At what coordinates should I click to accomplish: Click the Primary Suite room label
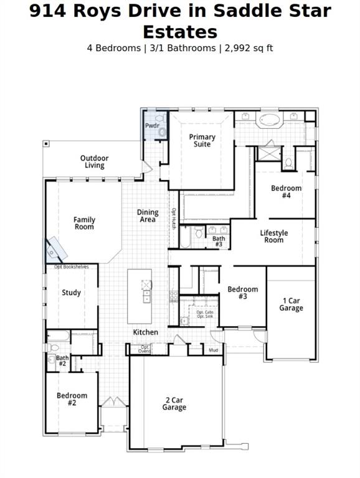click(202, 141)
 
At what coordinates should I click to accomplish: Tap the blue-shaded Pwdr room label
click(152, 126)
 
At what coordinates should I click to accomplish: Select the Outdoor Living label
click(94, 162)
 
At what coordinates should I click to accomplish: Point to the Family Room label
click(84, 223)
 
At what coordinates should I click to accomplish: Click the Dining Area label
click(148, 215)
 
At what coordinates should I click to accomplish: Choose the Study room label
click(71, 293)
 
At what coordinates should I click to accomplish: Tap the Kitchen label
click(145, 332)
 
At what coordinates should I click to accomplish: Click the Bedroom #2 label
click(72, 399)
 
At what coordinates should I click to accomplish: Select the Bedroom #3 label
click(242, 293)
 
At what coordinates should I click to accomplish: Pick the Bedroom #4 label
click(286, 192)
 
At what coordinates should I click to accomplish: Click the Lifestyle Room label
click(274, 237)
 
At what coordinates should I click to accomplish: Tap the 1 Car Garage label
click(291, 304)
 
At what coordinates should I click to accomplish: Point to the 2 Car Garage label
click(174, 403)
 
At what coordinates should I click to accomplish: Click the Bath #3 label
click(218, 241)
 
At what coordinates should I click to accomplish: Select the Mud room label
click(213, 350)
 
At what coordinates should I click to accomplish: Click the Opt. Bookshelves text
click(71, 267)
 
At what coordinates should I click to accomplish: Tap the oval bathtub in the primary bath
click(270, 119)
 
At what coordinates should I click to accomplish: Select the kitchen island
click(140, 296)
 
